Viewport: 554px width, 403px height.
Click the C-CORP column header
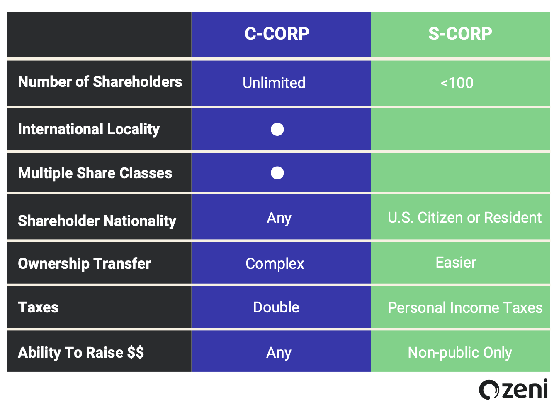(277, 34)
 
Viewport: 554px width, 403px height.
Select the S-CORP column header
(460, 34)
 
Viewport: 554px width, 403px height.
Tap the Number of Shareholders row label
(100, 82)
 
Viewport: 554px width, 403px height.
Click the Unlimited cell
(274, 83)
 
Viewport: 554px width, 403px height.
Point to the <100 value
(457, 83)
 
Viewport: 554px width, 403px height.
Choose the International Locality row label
(89, 129)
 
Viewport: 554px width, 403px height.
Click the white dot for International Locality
(277, 129)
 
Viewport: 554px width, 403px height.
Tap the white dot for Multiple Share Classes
(277, 173)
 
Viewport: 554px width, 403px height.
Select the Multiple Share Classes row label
(95, 173)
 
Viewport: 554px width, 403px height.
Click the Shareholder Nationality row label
(97, 221)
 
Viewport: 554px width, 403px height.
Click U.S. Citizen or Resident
(465, 218)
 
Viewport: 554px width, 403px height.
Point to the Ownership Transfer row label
(84, 264)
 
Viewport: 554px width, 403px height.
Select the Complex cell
(275, 264)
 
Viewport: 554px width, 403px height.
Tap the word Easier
(456, 263)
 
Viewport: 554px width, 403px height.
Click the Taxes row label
(38, 307)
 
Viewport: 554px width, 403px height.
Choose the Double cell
(276, 307)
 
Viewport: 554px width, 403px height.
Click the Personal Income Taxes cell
(465, 308)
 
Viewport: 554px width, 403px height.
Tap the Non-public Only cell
(460, 353)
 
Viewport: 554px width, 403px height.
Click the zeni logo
(513, 390)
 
